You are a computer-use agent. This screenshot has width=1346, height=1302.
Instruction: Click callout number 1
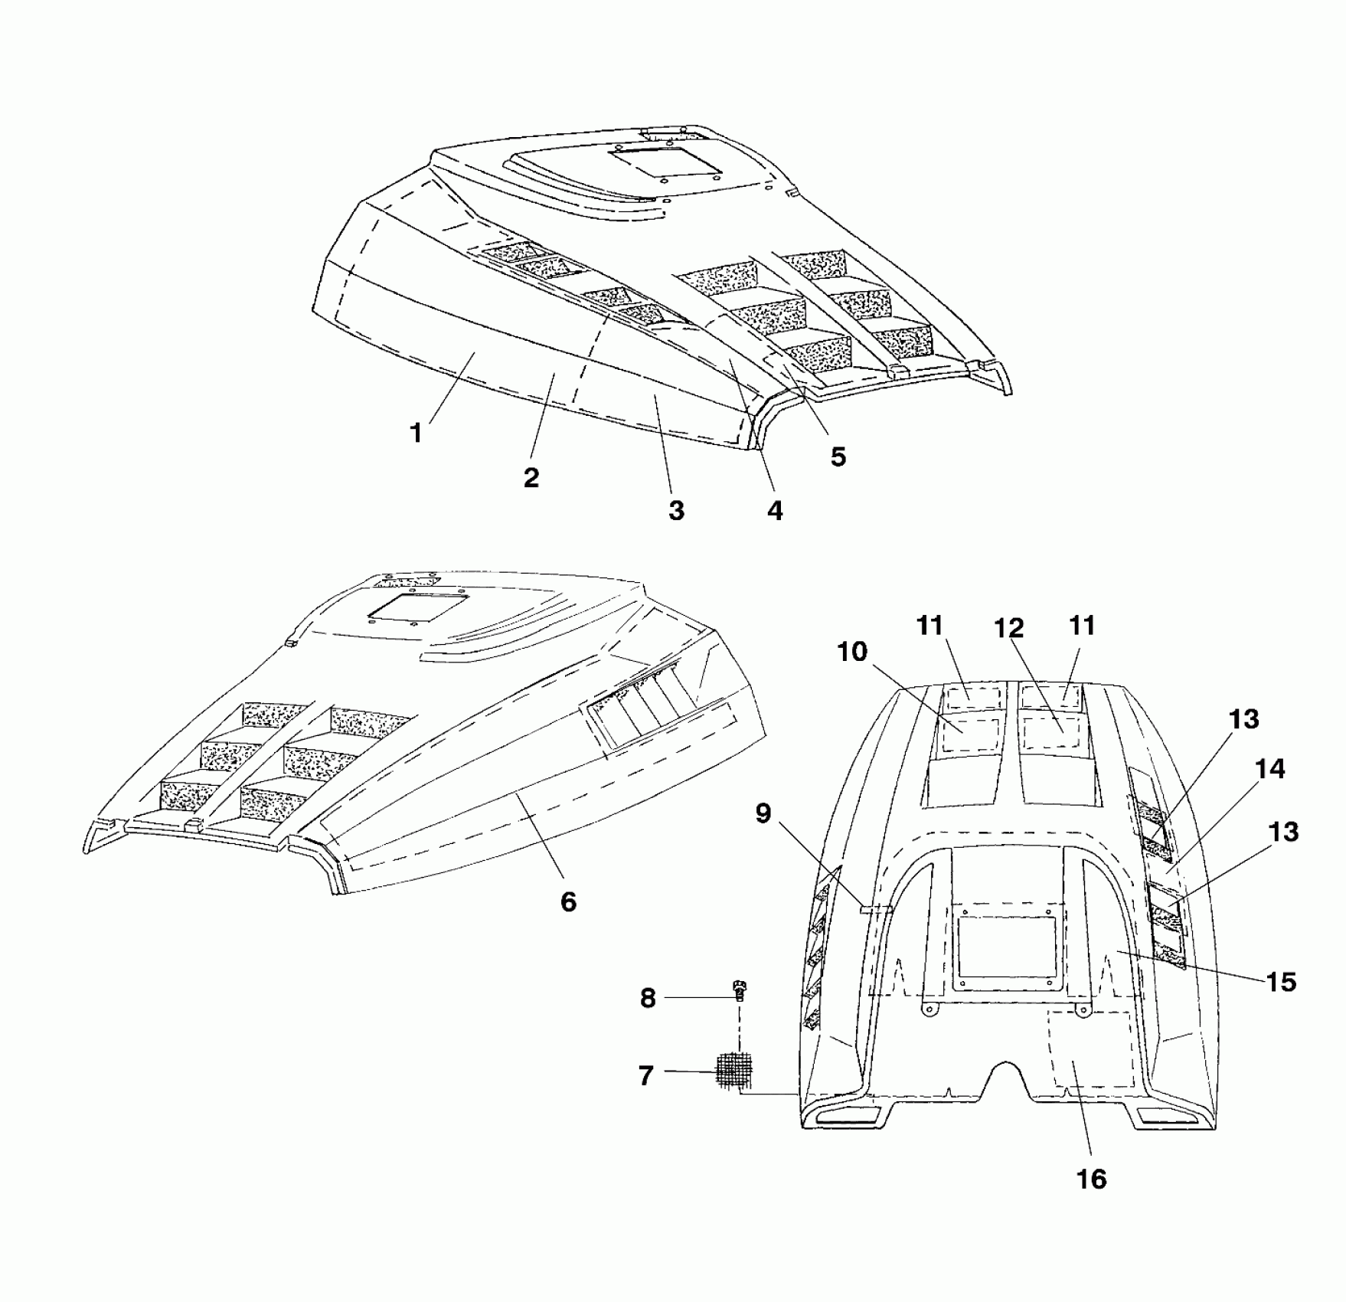point(416,433)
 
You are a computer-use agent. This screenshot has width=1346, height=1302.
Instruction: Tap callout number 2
point(531,477)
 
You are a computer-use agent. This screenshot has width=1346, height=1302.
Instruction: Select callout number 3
point(676,510)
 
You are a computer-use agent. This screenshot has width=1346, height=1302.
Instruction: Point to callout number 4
point(775,510)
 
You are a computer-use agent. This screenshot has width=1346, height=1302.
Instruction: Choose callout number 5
point(838,456)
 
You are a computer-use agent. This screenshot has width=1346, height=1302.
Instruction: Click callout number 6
point(568,901)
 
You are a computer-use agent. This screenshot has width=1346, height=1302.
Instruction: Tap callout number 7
point(646,1076)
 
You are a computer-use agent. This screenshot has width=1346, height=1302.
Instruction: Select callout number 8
point(648,998)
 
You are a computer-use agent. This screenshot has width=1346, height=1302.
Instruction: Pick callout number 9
point(763,813)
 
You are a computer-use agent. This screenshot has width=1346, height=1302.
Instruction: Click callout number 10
point(852,652)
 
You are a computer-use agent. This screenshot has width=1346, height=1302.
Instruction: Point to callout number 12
point(1009,628)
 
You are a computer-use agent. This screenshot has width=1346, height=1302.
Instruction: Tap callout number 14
point(1271,769)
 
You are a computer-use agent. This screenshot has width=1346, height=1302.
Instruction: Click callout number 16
point(1092,1179)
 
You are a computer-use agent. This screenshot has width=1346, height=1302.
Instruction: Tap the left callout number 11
point(929,626)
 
